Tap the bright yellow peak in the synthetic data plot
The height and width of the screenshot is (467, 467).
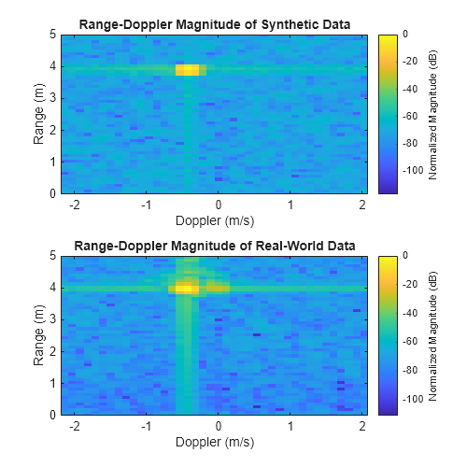(x=188, y=70)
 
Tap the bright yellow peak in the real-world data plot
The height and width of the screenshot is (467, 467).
(x=186, y=289)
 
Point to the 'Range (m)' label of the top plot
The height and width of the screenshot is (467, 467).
(x=39, y=114)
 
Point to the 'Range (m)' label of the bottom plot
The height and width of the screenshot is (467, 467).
(x=39, y=334)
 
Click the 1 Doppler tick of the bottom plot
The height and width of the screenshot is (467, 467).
(x=291, y=427)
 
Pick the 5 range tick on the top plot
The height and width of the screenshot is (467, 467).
(x=52, y=35)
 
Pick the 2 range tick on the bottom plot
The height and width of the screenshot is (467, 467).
(x=52, y=351)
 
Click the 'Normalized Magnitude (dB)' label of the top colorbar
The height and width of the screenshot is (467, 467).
(x=435, y=114)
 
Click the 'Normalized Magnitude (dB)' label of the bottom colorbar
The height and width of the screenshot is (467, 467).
(x=435, y=334)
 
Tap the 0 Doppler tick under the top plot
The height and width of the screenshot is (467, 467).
(x=219, y=205)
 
